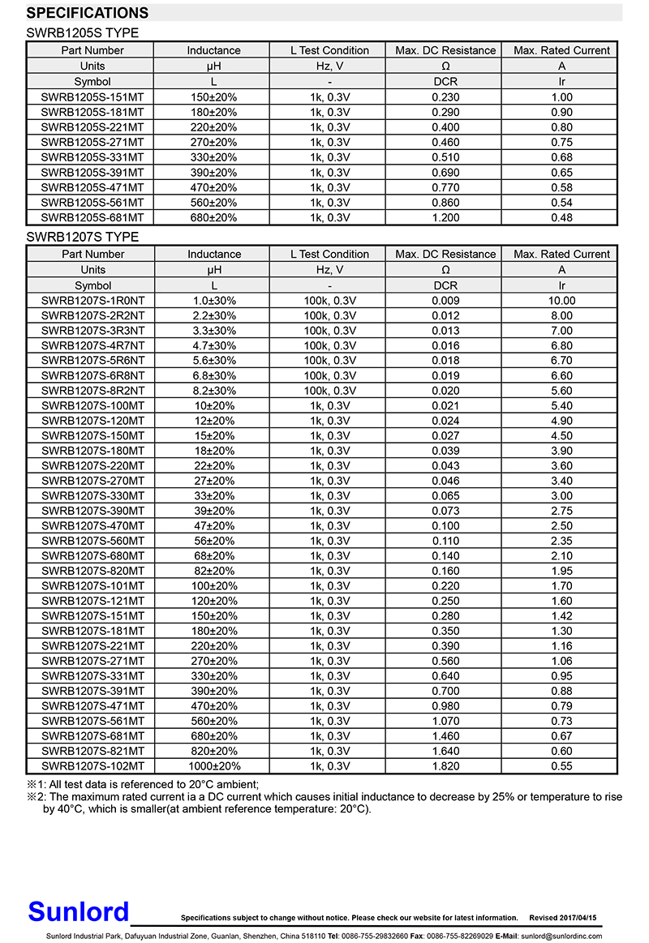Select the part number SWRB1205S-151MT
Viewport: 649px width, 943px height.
point(92,97)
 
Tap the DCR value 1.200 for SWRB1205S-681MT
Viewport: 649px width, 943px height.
point(445,217)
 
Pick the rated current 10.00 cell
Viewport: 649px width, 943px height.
point(561,301)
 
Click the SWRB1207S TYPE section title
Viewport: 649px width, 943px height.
point(83,237)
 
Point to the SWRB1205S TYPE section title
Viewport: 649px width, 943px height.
point(83,33)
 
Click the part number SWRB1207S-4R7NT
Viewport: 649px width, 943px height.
point(92,345)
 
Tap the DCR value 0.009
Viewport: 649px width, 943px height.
point(445,301)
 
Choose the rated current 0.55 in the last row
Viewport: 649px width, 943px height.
point(561,766)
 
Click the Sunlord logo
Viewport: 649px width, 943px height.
point(78,911)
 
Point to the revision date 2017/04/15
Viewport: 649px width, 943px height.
point(578,918)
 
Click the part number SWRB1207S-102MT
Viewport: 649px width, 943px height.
point(92,766)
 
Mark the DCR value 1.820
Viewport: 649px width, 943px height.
point(445,766)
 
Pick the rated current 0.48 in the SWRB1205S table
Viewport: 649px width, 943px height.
point(561,217)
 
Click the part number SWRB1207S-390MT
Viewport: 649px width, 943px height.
point(92,511)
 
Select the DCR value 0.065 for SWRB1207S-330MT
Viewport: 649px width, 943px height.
point(445,495)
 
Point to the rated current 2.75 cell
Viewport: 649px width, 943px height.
point(561,511)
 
